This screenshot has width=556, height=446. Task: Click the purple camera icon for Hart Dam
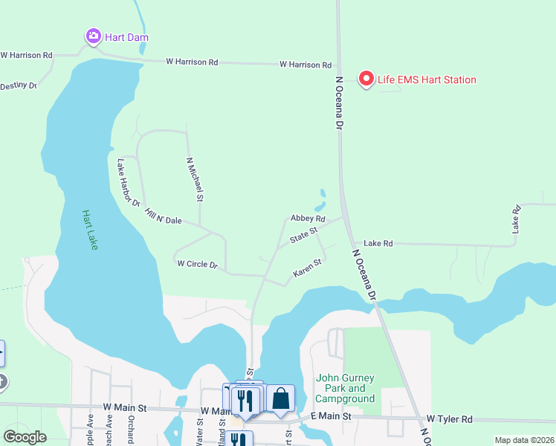(93, 36)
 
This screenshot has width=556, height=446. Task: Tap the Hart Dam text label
(127, 36)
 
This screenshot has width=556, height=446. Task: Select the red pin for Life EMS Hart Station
(366, 78)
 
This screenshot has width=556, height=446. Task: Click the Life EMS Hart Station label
(427, 80)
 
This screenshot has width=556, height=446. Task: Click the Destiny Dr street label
(19, 85)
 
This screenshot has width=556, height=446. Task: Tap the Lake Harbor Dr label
(129, 182)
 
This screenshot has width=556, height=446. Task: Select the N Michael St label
(195, 179)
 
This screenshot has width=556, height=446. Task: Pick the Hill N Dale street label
(164, 216)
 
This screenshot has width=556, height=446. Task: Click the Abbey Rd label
(308, 219)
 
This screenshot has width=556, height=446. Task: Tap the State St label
(303, 237)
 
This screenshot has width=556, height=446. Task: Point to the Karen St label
(307, 268)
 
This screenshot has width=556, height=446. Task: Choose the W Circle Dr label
(197, 264)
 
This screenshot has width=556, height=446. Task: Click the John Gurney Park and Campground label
(346, 388)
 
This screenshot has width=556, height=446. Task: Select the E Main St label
(331, 416)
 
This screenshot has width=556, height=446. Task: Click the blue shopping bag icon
(281, 399)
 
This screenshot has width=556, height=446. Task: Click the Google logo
(25, 436)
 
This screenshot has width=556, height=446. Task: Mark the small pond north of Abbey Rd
(320, 201)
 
